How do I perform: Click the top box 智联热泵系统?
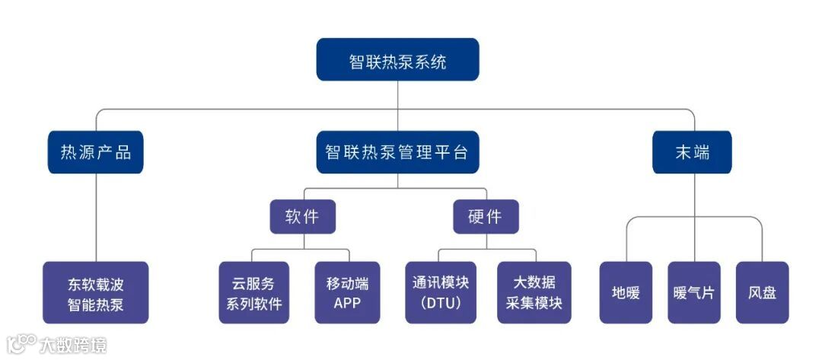[397, 60]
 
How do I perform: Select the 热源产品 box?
[96, 152]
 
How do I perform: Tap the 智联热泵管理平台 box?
[397, 152]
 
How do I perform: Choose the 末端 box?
[692, 152]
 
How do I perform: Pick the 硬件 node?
[486, 216]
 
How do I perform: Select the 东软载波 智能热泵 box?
[96, 293]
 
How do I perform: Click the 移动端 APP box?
[347, 293]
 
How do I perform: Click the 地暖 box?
[626, 293]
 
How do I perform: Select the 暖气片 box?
[693, 293]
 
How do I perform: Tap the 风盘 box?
[762, 293]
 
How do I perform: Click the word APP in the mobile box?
[347, 303]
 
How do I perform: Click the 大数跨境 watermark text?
[73, 346]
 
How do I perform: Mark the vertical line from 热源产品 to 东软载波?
[96, 217]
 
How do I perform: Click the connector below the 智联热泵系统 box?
[398, 95]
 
